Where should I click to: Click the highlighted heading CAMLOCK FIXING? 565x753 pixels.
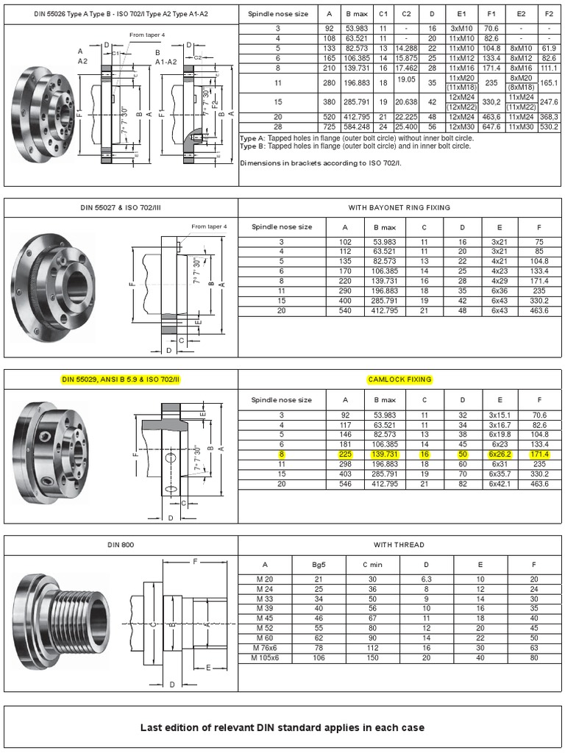(399, 379)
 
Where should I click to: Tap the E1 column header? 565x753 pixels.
(461, 13)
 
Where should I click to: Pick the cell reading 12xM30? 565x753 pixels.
(461, 126)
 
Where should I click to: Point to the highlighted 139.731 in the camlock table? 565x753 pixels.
(384, 455)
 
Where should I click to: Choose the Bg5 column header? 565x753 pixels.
(319, 565)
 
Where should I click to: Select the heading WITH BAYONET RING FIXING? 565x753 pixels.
(399, 207)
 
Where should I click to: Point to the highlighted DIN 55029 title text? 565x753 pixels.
(121, 379)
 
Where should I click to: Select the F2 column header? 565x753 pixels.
(549, 13)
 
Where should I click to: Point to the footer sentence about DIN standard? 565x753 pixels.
(282, 727)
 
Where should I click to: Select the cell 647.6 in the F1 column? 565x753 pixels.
(491, 126)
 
